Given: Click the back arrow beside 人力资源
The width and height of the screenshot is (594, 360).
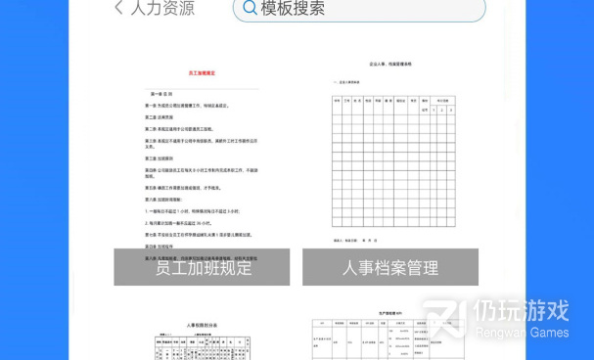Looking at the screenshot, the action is pyautogui.click(x=118, y=8).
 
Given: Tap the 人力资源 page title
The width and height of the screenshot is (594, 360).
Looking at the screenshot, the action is pyautogui.click(x=162, y=9).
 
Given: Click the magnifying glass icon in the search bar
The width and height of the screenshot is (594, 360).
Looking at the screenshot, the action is pyautogui.click(x=250, y=9).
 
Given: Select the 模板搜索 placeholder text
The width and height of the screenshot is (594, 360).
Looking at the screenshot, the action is pyautogui.click(x=293, y=9).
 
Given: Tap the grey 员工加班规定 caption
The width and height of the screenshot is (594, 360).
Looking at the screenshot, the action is pyautogui.click(x=203, y=267).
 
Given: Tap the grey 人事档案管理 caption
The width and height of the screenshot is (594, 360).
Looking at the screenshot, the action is pyautogui.click(x=389, y=267).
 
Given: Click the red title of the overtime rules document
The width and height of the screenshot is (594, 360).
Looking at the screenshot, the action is pyautogui.click(x=203, y=72).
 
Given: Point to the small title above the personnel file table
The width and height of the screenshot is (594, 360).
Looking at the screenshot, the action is pyautogui.click(x=390, y=63).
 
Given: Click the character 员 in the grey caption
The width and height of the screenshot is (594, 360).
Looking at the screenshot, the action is pyautogui.click(x=164, y=267).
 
